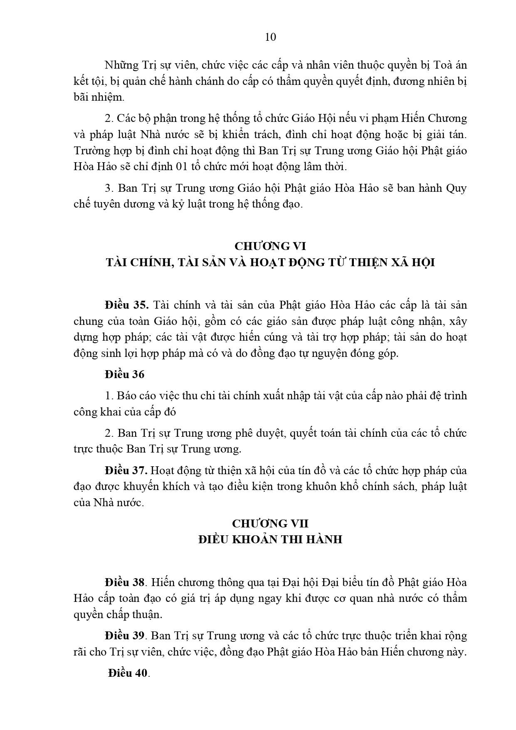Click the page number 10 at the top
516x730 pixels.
270,37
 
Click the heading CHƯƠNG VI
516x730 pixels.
270,246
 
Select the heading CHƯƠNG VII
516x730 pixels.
270,523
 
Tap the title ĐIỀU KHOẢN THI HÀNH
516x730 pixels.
270,539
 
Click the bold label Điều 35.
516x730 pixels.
127,305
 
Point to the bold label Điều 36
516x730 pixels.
125,374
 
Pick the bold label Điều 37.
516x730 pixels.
127,470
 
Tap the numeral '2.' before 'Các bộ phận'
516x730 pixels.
109,118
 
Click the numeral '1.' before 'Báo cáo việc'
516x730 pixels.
109,395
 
